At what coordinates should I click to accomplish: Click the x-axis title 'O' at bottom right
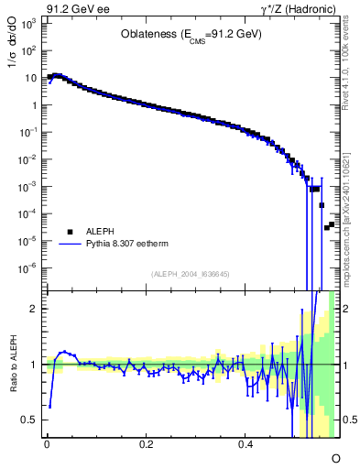[x=335, y=456]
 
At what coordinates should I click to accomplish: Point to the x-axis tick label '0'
[x=47, y=445]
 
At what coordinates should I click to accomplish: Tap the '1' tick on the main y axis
[x=35, y=105]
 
